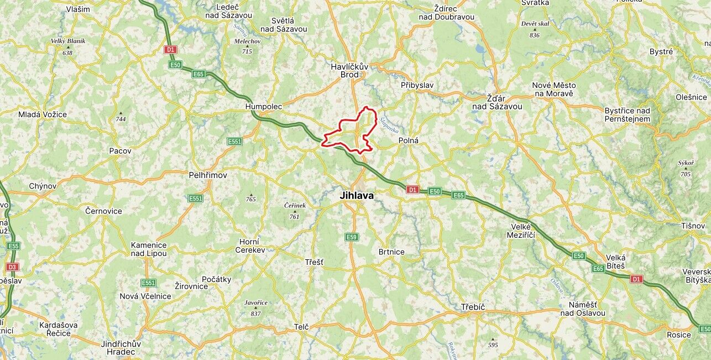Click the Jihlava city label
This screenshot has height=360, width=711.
357,196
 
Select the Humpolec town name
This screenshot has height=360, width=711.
264,106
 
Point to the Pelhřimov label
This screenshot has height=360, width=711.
208,175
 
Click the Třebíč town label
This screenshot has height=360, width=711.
473,307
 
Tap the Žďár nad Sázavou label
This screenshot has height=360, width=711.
497,102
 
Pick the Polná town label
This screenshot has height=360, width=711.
409,140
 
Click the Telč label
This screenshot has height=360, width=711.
301,327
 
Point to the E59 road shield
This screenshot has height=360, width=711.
352,237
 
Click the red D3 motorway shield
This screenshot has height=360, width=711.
12,267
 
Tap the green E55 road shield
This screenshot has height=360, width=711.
13,246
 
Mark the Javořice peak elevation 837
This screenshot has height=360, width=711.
255,314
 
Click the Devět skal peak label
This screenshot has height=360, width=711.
535,24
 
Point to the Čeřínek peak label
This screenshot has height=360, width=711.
295,205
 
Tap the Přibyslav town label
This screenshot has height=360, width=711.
417,85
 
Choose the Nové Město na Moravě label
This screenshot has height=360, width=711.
553,89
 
